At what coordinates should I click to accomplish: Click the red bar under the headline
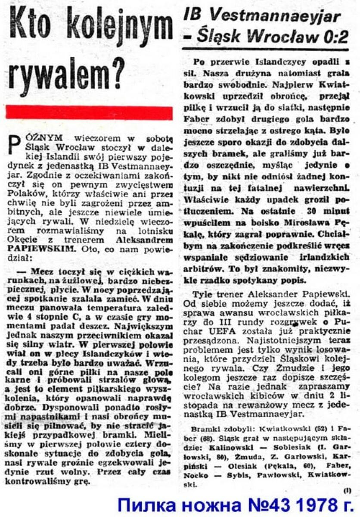click(89, 113)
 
